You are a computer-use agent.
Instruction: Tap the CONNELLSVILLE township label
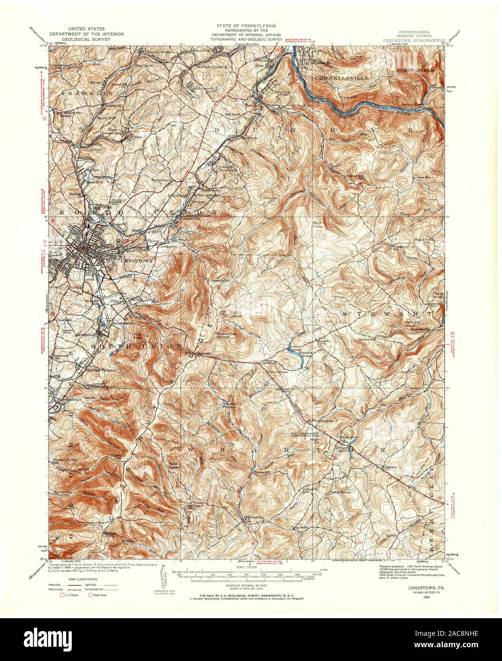(338, 77)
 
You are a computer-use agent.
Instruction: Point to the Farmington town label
(346, 437)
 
